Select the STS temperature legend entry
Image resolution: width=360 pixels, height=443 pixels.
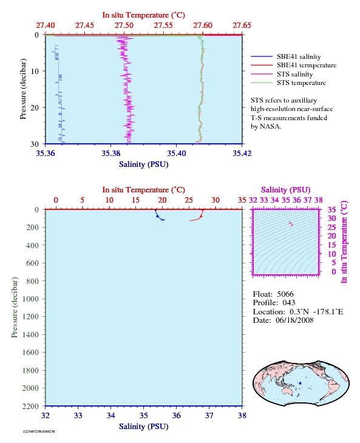(288, 83)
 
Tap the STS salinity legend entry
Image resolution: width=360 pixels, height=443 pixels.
(282, 74)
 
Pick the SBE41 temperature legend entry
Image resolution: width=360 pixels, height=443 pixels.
(294, 66)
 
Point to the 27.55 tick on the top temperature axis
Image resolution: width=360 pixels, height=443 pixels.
(163, 25)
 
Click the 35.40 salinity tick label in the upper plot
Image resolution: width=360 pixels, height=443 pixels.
(177, 154)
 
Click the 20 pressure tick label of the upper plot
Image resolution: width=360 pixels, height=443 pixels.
(35, 107)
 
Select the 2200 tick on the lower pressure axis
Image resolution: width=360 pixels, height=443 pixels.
(30, 406)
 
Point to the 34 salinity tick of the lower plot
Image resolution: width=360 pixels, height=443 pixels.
(110, 416)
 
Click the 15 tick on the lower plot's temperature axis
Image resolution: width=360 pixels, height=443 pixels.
(135, 200)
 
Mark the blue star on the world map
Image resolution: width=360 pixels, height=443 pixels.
(300, 384)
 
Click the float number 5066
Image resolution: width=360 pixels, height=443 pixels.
(285, 294)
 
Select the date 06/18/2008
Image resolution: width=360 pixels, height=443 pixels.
(294, 320)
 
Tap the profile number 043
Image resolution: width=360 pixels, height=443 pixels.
(289, 303)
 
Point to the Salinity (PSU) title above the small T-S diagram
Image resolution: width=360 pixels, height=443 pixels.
(286, 190)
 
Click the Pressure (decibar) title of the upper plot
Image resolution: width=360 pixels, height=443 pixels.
(23, 89)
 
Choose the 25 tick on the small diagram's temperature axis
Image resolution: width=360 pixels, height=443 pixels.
(331, 228)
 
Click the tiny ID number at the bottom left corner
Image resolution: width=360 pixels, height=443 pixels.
(39, 431)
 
